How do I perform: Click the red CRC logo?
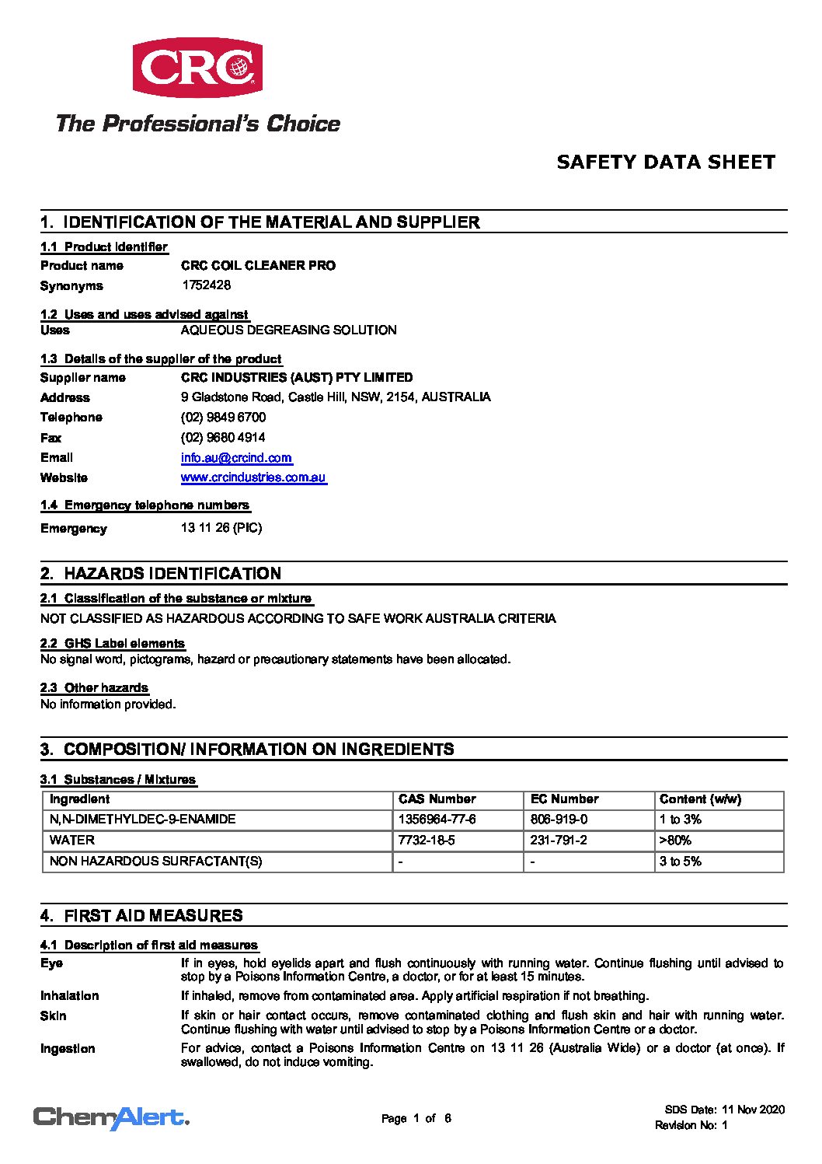pyautogui.click(x=197, y=68)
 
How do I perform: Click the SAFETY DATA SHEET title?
pyautogui.click(x=666, y=163)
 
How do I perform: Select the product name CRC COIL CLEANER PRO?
pyautogui.click(x=258, y=266)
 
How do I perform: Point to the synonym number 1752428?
pyautogui.click(x=206, y=285)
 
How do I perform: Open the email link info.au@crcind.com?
pyautogui.click(x=236, y=458)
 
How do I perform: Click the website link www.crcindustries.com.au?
pyautogui.click(x=253, y=477)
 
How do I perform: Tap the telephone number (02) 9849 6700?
pyautogui.click(x=223, y=418)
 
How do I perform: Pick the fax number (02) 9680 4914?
pyautogui.click(x=223, y=438)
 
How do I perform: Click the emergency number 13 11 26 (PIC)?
pyautogui.click(x=221, y=528)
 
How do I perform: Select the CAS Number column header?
pyautogui.click(x=437, y=799)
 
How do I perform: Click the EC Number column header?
pyautogui.click(x=564, y=799)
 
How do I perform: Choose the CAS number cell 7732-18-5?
pyautogui.click(x=426, y=841)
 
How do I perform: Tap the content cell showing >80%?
pyautogui.click(x=675, y=841)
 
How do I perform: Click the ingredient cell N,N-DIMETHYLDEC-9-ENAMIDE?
pyautogui.click(x=142, y=820)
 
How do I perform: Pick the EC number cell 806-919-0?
pyautogui.click(x=559, y=820)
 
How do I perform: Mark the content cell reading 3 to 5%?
pyautogui.click(x=680, y=862)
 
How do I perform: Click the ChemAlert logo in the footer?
pyautogui.click(x=111, y=1118)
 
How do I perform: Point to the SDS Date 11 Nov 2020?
pyautogui.click(x=724, y=1110)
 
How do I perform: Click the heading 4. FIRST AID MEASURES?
pyautogui.click(x=141, y=916)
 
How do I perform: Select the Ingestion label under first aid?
pyautogui.click(x=68, y=1049)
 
